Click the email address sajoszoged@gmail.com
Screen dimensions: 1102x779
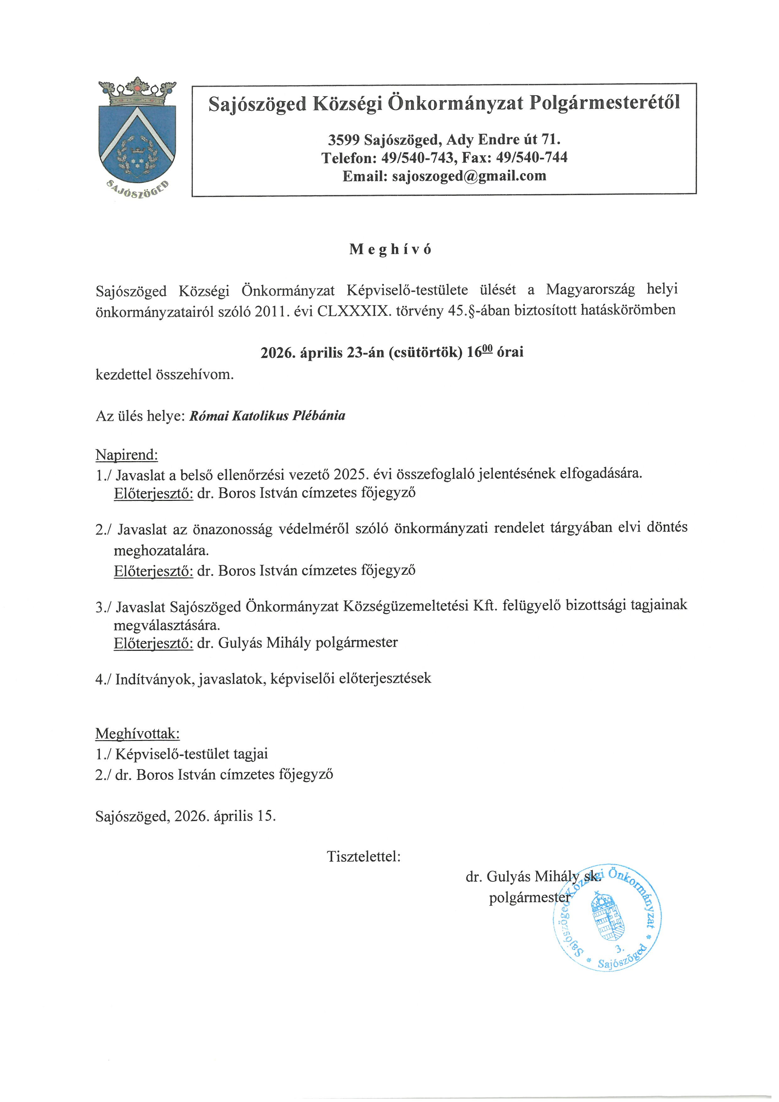[469, 176]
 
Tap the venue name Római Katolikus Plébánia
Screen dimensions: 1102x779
[267, 416]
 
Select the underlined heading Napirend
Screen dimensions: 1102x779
[127, 454]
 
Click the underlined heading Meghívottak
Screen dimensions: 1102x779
[138, 734]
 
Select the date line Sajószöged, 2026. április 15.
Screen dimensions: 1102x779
[186, 816]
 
